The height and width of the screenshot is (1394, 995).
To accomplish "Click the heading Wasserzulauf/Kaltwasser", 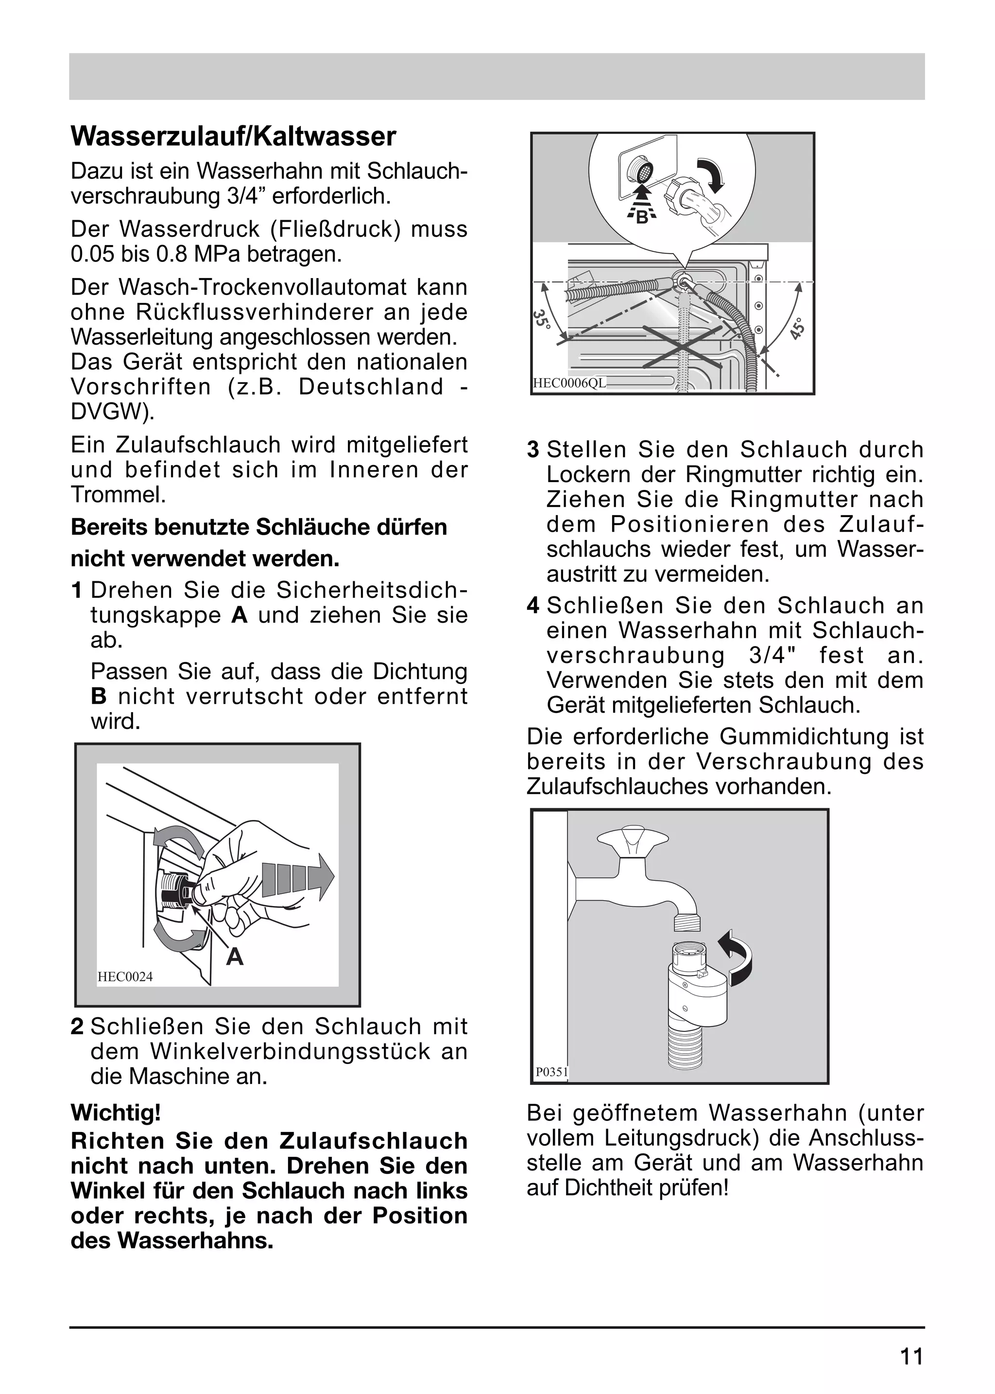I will [x=233, y=137].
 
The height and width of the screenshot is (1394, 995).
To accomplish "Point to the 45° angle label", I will [x=798, y=328].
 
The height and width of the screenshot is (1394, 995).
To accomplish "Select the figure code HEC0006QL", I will [x=569, y=383].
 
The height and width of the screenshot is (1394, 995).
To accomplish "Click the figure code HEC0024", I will [x=125, y=977].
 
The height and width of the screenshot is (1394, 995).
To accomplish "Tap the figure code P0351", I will [x=551, y=1072].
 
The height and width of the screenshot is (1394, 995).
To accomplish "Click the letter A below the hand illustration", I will [x=234, y=956].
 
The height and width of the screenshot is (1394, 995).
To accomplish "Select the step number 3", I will [x=533, y=450].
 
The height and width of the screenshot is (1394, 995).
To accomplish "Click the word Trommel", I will [x=117, y=495].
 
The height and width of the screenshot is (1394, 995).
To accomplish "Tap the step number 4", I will [x=533, y=606].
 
